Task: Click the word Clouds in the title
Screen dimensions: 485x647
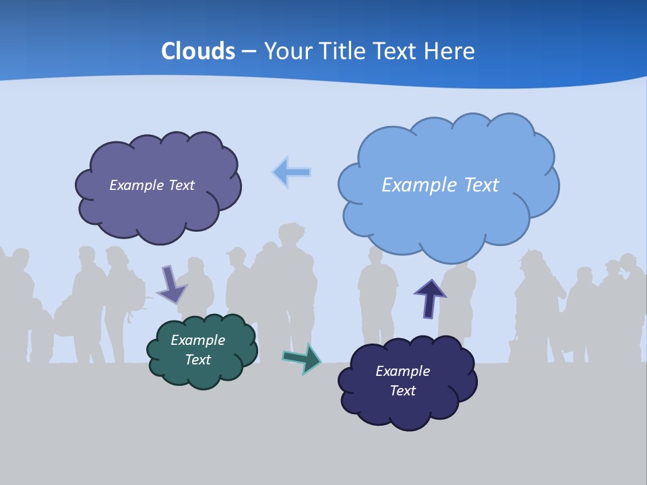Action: click(x=197, y=51)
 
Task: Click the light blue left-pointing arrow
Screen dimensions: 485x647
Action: click(x=291, y=172)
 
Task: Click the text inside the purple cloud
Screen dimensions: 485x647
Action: click(x=152, y=185)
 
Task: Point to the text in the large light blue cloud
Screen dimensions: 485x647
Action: click(x=440, y=185)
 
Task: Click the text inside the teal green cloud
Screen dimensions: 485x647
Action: click(x=197, y=350)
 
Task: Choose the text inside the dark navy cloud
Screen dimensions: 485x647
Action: click(x=402, y=381)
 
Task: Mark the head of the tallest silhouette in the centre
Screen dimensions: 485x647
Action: click(x=291, y=236)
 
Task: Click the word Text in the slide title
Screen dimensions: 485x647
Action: click(x=396, y=51)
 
